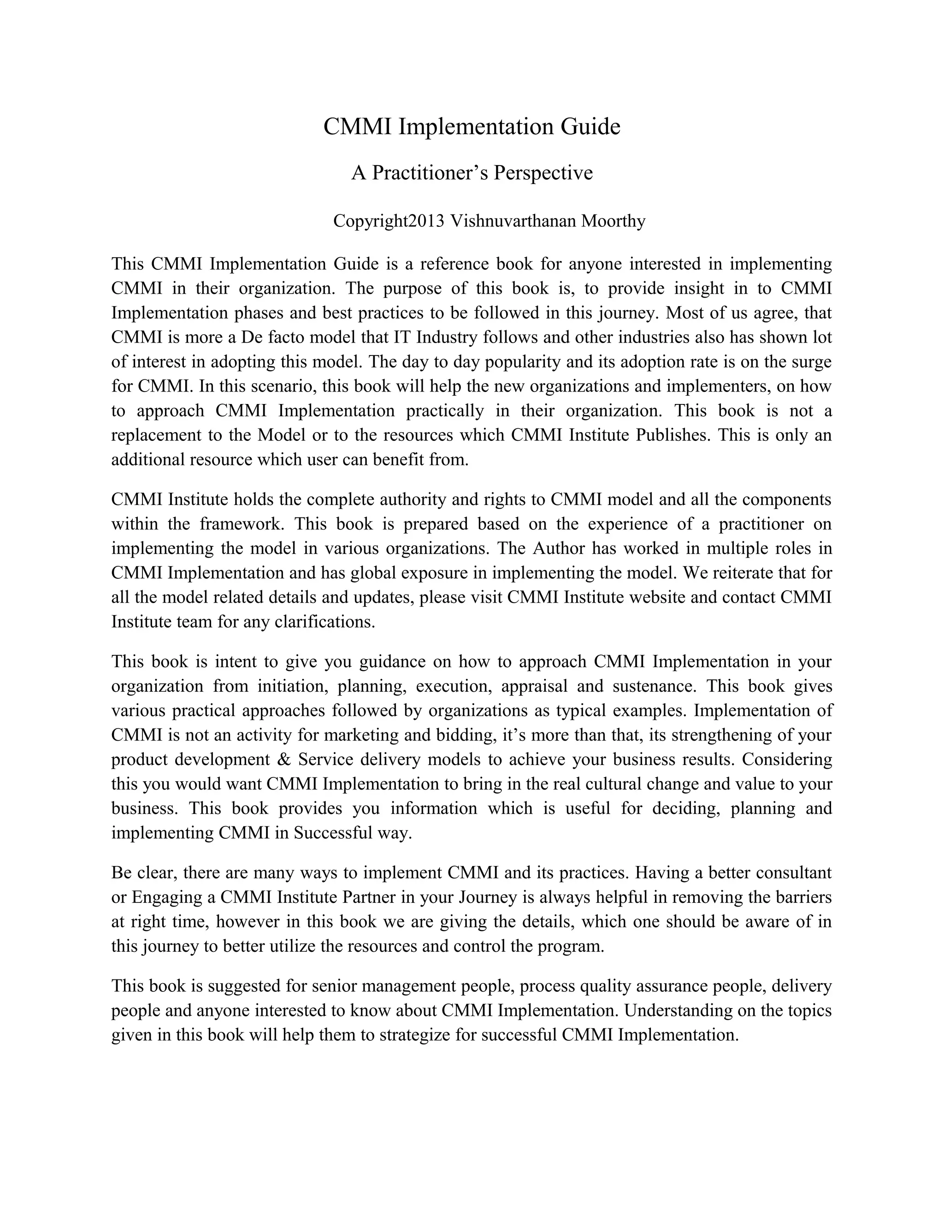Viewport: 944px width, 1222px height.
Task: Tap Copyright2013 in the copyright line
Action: [x=389, y=221]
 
